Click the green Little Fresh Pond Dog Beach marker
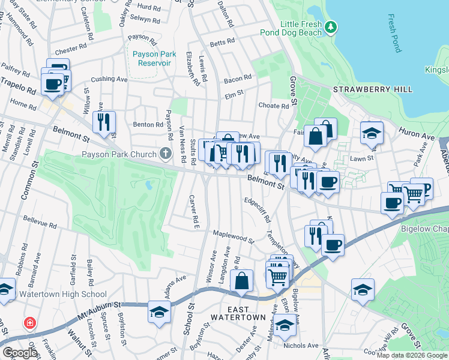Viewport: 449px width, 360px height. (330, 28)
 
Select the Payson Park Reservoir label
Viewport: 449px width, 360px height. (152, 58)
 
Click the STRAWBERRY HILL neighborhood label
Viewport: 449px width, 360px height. (373, 89)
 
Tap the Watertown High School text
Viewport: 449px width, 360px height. (63, 294)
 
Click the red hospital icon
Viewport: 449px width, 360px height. (29, 324)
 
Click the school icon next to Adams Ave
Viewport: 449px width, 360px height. (159, 311)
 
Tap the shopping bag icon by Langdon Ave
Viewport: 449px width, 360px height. (241, 280)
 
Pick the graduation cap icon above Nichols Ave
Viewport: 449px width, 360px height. (286, 325)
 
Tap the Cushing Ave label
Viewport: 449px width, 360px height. (109, 79)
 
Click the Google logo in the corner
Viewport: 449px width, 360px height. (20, 352)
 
